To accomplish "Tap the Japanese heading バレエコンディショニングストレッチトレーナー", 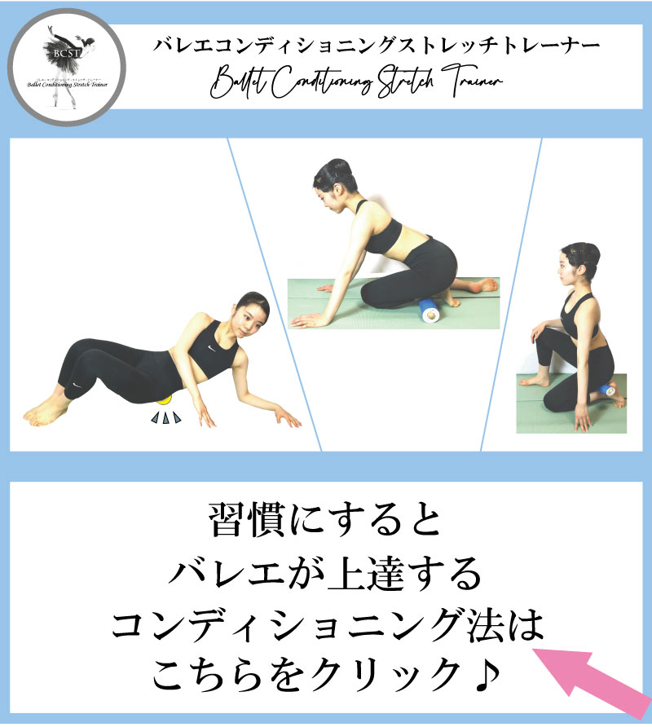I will [x=377, y=45].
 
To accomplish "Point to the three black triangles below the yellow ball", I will [x=166, y=419].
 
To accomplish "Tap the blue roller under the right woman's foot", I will [x=606, y=393].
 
